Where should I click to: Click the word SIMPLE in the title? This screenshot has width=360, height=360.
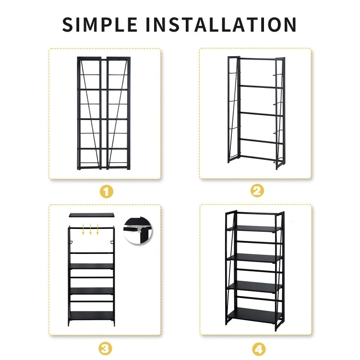pyautogui.click(x=100, y=24)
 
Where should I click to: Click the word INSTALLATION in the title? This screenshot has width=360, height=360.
pyautogui.click(x=221, y=24)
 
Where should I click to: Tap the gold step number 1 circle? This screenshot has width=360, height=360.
pyautogui.click(x=106, y=191)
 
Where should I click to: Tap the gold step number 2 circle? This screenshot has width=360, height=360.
pyautogui.click(x=257, y=191)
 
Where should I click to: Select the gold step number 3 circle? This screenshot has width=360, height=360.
pyautogui.click(x=105, y=348)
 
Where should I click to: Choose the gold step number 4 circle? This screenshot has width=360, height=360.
pyautogui.click(x=259, y=349)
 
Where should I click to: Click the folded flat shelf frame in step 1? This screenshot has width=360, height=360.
pyautogui.click(x=104, y=113)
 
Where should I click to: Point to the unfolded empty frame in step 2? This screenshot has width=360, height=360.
pyautogui.click(x=256, y=113)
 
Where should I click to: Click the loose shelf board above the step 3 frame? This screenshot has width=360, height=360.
pyautogui.click(x=92, y=215)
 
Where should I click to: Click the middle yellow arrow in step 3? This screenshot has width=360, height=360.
pyautogui.click(x=90, y=229)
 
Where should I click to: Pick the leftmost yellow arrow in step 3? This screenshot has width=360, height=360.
pyautogui.click(x=84, y=229)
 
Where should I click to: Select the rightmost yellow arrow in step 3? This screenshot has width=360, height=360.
pyautogui.click(x=97, y=229)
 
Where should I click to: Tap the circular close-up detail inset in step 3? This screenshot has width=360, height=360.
pyautogui.click(x=138, y=231)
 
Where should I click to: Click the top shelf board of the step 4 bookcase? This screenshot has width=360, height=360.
pyautogui.click(x=254, y=228)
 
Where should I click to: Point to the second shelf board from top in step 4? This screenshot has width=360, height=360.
pyautogui.click(x=254, y=258)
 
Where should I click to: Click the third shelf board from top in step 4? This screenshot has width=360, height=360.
pyautogui.click(x=254, y=287)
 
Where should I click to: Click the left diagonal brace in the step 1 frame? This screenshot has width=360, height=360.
pyautogui.click(x=90, y=114)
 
